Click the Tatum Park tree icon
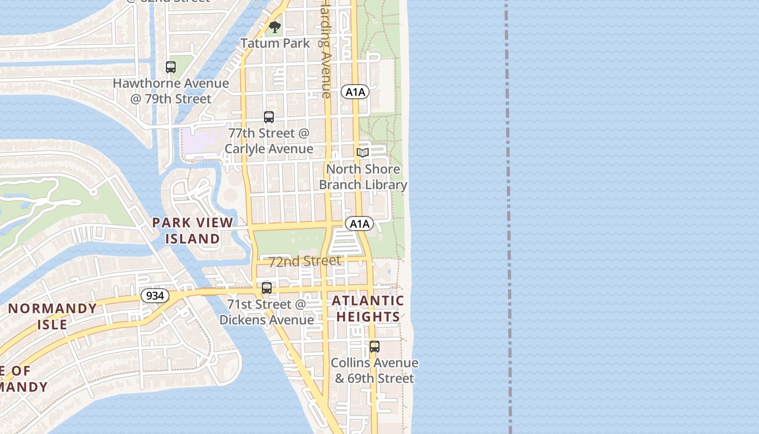click(275, 27)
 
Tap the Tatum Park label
click(275, 43)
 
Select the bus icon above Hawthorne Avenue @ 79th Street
click(171, 67)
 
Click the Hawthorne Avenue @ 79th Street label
click(171, 91)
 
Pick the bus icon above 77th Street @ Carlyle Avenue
click(269, 117)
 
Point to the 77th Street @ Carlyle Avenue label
click(269, 141)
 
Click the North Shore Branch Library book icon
click(363, 153)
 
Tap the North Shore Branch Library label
click(363, 177)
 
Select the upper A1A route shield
click(355, 92)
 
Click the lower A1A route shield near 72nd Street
click(359, 224)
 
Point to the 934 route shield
click(155, 296)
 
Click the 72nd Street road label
click(305, 261)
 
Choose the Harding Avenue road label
click(325, 49)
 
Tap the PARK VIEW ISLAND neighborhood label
click(192, 231)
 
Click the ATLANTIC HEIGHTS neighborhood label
click(368, 309)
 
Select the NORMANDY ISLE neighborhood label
click(53, 316)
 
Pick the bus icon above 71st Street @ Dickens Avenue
click(267, 288)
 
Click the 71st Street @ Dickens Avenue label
click(267, 312)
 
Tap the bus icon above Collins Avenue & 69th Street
click(375, 347)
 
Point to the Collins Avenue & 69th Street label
click(375, 371)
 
